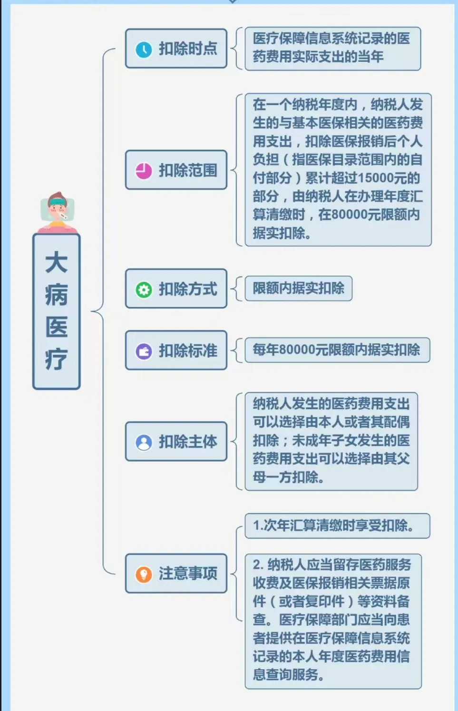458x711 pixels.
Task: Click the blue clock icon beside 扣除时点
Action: [x=144, y=49]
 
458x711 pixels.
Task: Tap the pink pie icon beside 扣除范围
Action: [x=144, y=171]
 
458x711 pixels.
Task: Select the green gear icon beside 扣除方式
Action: [x=144, y=290]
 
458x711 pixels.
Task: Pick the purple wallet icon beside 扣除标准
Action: [x=144, y=351]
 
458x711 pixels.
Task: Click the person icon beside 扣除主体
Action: [x=144, y=442]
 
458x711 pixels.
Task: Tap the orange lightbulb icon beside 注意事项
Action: [x=144, y=575]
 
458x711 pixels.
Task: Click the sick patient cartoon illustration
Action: [x=58, y=212]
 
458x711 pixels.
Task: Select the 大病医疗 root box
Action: [x=57, y=312]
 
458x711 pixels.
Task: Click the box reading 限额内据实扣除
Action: [x=298, y=288]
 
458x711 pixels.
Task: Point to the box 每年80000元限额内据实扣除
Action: [x=337, y=350]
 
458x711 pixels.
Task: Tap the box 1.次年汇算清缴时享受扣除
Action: [x=337, y=526]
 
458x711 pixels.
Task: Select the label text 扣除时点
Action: [x=188, y=49]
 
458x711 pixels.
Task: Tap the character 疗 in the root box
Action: [x=57, y=359]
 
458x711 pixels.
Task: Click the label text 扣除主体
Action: [x=188, y=442]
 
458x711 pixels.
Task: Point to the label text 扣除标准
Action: [x=188, y=351]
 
